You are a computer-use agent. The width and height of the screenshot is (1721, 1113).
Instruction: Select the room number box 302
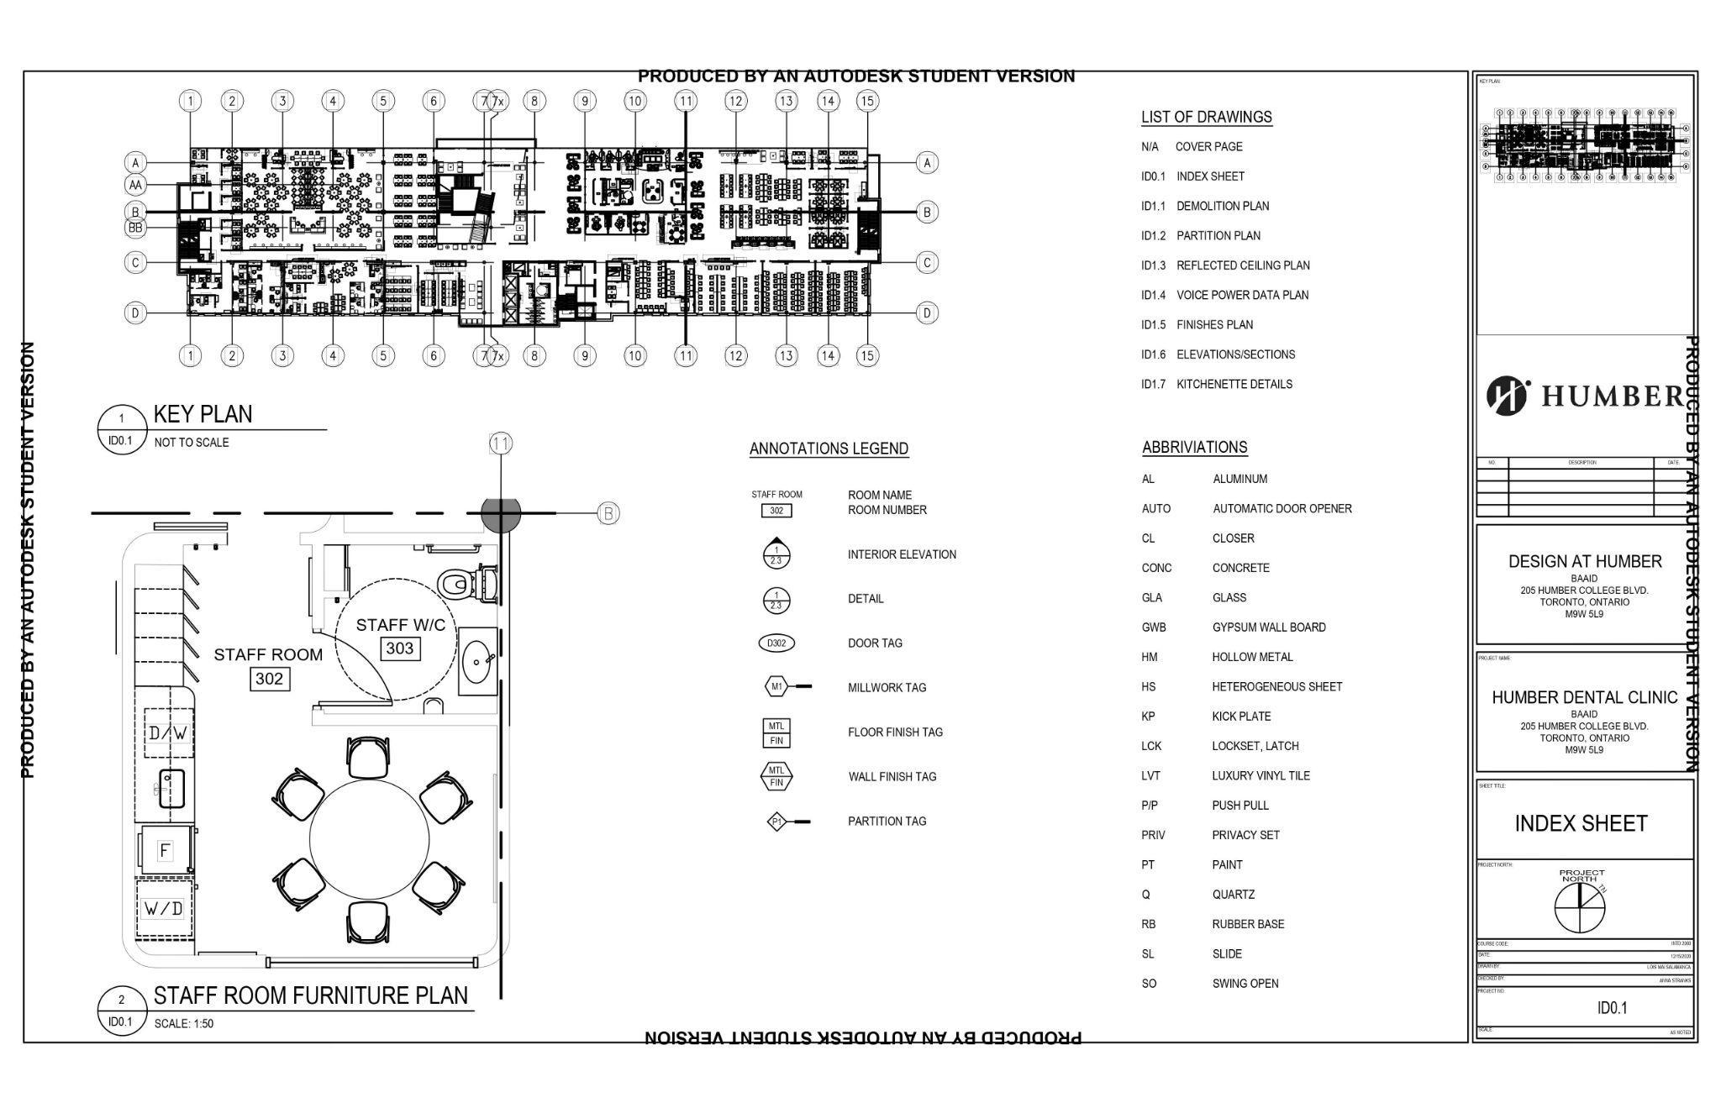coord(269,679)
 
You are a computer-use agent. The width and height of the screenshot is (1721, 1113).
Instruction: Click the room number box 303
coord(400,648)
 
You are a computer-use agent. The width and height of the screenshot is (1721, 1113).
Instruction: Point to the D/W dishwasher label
coord(167,733)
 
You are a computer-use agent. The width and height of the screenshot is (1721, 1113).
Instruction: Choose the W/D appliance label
coord(163,908)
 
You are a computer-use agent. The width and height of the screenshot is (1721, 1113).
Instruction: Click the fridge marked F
coord(165,850)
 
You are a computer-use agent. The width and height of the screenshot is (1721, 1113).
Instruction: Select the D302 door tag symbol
coord(776,643)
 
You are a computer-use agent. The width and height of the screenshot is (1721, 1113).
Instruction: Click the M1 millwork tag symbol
coord(776,687)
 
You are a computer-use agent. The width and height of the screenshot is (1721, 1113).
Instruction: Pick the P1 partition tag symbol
coord(777,822)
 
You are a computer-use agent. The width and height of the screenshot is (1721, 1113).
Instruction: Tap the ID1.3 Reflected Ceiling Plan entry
coord(1225,265)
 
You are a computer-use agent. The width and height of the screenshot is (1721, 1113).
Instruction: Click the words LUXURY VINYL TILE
coord(1260,776)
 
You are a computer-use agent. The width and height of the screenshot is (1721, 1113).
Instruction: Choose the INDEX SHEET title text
coord(1581,823)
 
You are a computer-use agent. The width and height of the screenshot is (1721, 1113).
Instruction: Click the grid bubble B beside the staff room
coord(608,513)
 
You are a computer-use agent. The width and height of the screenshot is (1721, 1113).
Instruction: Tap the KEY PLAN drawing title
coord(203,414)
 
